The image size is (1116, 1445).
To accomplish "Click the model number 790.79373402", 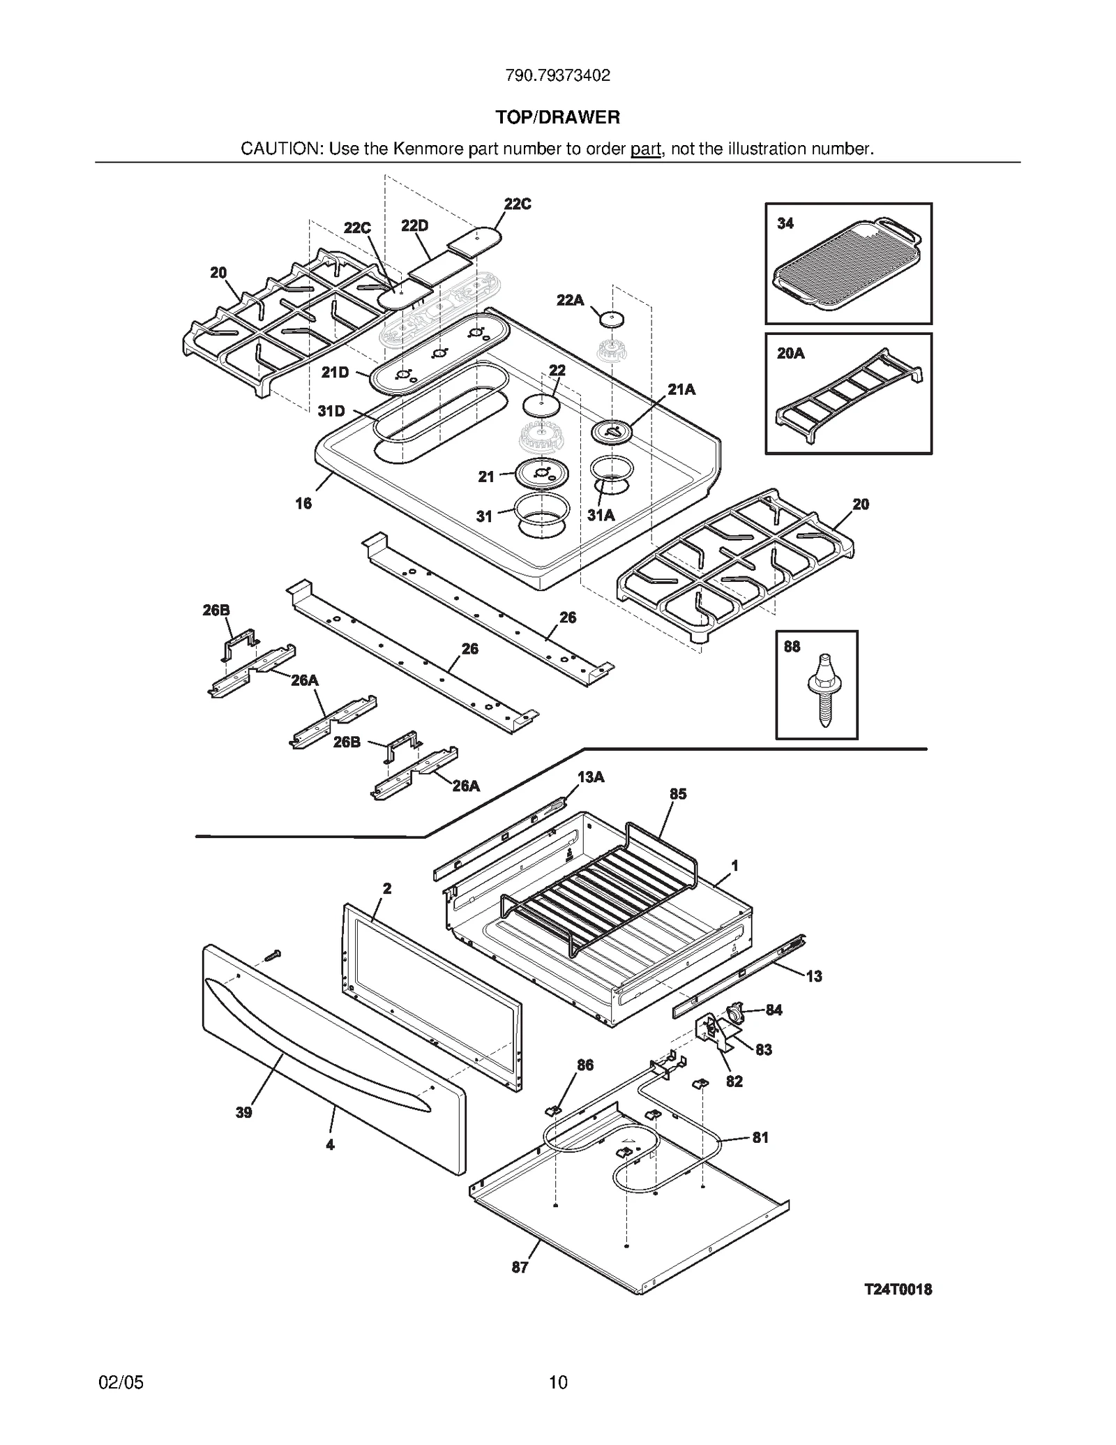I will [557, 75].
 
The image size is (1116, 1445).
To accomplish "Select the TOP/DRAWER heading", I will [557, 117].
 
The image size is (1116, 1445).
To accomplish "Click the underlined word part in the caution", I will [645, 149].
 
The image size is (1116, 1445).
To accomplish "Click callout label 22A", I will [570, 300].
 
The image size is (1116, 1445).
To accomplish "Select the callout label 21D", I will [335, 373].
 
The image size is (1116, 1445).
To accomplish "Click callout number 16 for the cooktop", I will [303, 503].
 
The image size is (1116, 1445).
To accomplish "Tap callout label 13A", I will [591, 777].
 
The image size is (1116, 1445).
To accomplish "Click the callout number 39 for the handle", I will [243, 1112].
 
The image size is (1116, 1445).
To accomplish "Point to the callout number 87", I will [520, 1267].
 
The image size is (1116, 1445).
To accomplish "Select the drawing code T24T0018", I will [898, 1289].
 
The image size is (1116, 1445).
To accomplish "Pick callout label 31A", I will [601, 515].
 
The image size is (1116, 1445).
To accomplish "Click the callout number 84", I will [774, 1010].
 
